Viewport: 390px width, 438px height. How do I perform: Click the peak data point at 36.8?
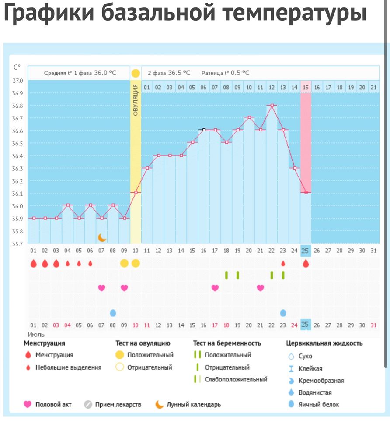[x=272, y=106]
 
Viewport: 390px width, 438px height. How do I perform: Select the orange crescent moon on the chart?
[x=102, y=237]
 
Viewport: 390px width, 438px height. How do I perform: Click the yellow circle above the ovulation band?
[x=136, y=73]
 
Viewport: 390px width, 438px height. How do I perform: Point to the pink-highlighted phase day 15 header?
[x=306, y=87]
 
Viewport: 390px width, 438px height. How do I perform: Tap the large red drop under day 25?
[x=306, y=263]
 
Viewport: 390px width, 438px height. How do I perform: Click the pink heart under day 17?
[x=215, y=288]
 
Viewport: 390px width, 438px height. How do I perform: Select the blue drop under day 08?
[x=113, y=313]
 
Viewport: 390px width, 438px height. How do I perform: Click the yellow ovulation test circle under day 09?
[x=124, y=263]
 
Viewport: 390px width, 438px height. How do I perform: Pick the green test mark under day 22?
[x=272, y=275]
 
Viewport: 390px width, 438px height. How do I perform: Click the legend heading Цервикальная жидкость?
[x=324, y=343]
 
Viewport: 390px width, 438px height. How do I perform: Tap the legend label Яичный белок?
[x=319, y=404]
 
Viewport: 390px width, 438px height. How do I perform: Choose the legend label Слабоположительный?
[x=236, y=379]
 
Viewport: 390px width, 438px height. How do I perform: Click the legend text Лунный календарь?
[x=193, y=404]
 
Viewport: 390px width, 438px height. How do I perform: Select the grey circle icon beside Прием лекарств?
[x=88, y=404]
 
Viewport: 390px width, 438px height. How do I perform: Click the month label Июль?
[x=37, y=334]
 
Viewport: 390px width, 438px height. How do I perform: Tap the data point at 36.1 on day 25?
[x=306, y=192]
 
